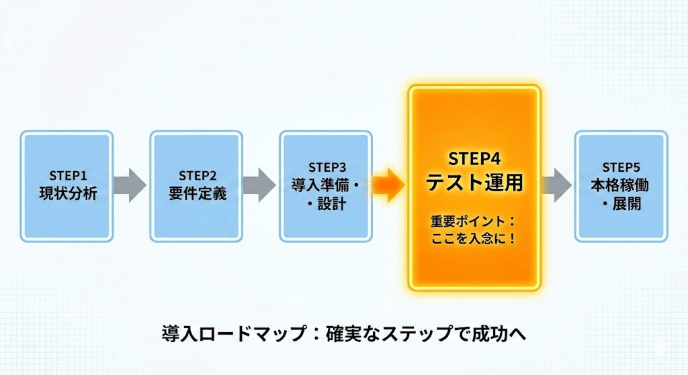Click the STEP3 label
pyautogui.click(x=326, y=167)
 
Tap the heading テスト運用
pyautogui.click(x=474, y=182)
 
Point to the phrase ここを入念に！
pyautogui.click(x=474, y=237)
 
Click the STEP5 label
pyautogui.click(x=621, y=167)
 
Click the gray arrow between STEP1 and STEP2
pyautogui.click(x=129, y=186)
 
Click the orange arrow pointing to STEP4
pyautogui.click(x=388, y=186)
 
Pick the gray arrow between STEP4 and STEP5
pyautogui.click(x=556, y=186)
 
